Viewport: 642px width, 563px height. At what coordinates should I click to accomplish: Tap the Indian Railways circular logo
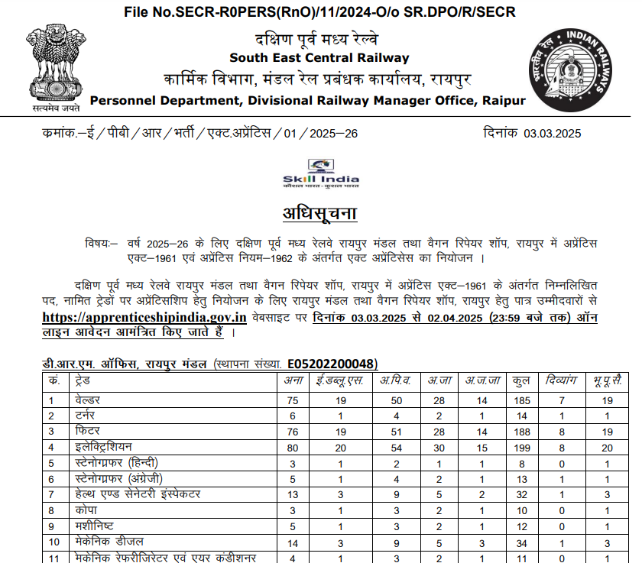572,73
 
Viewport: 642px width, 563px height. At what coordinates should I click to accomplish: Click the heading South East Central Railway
319,58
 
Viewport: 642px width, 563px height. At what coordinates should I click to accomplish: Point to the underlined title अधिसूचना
319,212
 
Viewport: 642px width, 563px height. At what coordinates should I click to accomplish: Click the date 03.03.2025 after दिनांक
553,134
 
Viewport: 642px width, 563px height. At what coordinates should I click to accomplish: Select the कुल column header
522,380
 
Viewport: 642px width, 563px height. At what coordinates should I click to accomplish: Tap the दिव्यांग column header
562,380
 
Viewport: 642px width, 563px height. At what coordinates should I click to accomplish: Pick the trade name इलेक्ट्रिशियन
103,447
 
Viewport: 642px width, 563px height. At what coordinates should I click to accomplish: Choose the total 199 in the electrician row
522,447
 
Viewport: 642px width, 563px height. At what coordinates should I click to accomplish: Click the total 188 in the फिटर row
522,432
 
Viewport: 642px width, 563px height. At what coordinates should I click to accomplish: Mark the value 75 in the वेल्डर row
291,400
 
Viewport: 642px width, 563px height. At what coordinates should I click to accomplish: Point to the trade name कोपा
85,510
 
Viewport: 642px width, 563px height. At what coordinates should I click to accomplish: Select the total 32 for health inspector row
522,494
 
